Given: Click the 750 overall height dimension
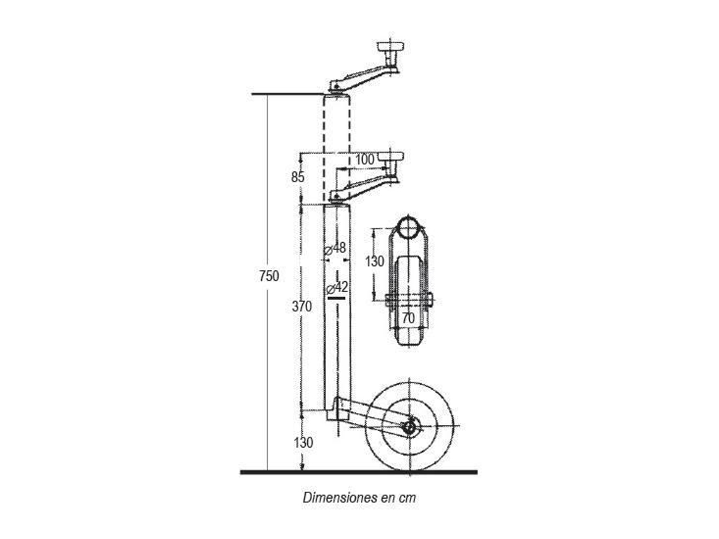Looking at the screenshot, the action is point(269,276).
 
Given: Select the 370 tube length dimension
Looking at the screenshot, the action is point(301,306).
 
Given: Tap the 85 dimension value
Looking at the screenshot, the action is point(298,177).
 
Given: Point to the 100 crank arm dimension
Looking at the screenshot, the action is point(365,159).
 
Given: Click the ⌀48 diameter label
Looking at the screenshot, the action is point(335,249).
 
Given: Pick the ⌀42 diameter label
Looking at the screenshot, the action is point(337,288).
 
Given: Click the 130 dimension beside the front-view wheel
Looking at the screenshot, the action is point(375,262).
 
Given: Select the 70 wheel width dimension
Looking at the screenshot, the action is point(408,318).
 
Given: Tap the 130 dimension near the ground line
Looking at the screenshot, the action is point(303,443).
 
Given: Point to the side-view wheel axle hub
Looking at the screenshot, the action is point(409,428).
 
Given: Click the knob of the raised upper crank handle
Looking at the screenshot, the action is point(390,47).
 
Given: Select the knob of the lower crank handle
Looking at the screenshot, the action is point(390,157).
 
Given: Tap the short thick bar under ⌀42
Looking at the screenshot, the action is point(337,298).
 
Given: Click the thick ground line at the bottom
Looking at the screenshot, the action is point(359,472).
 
